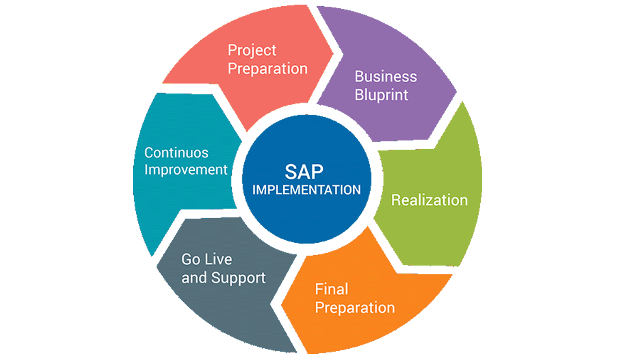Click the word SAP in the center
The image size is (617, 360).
click(x=306, y=171)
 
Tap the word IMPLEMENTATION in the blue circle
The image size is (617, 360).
click(x=307, y=189)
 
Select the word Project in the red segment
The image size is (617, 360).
click(x=252, y=50)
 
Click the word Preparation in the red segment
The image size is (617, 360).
click(x=268, y=68)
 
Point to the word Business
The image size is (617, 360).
click(x=386, y=77)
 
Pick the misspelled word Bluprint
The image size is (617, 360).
click(x=382, y=95)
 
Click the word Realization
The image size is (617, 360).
click(x=429, y=200)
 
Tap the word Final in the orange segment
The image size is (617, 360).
click(x=332, y=289)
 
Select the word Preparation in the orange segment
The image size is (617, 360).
click(x=355, y=308)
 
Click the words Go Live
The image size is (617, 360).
click(x=206, y=259)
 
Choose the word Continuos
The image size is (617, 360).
click(x=176, y=153)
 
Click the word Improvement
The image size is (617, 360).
click(x=186, y=170)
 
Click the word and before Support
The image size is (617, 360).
click(x=193, y=278)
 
